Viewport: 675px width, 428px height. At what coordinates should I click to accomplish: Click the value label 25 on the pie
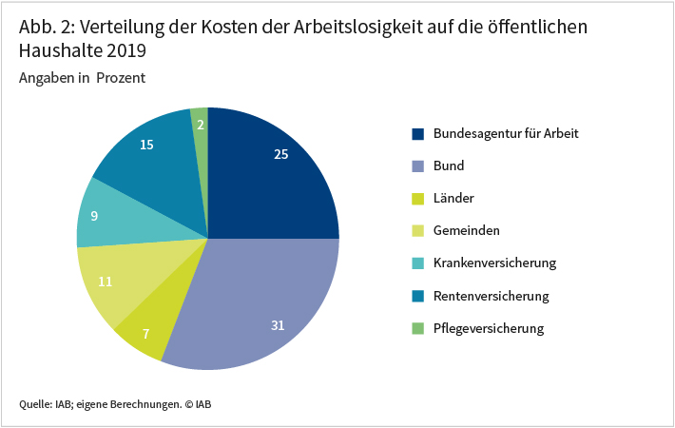pyautogui.click(x=280, y=153)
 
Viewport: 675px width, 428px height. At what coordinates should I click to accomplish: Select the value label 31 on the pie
pyautogui.click(x=278, y=325)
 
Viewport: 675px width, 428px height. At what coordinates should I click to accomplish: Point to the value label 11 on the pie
pyautogui.click(x=106, y=282)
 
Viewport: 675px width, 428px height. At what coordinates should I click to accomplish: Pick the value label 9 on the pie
pyautogui.click(x=93, y=215)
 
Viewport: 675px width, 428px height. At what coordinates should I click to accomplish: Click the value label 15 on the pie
pyautogui.click(x=146, y=145)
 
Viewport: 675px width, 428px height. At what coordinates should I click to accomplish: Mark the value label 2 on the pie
pyautogui.click(x=201, y=124)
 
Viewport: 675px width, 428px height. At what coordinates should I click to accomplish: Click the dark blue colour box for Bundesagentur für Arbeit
pyautogui.click(x=417, y=133)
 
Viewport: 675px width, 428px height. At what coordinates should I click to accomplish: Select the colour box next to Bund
pyautogui.click(x=417, y=165)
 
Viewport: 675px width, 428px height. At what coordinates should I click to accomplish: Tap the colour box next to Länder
pyautogui.click(x=417, y=198)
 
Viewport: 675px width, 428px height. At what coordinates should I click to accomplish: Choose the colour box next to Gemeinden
pyautogui.click(x=417, y=230)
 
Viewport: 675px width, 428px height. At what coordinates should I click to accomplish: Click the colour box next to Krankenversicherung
pyautogui.click(x=417, y=263)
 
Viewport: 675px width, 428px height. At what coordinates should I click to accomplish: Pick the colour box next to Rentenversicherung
pyautogui.click(x=417, y=296)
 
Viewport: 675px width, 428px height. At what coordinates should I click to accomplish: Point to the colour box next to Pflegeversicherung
pyautogui.click(x=417, y=328)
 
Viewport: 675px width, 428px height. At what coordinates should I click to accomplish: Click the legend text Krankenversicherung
pyautogui.click(x=494, y=263)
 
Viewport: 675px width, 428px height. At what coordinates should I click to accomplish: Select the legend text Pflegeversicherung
pyautogui.click(x=489, y=328)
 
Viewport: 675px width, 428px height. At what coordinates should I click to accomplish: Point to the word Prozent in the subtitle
pyautogui.click(x=121, y=78)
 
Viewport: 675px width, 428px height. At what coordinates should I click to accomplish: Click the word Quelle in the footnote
pyautogui.click(x=35, y=404)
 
